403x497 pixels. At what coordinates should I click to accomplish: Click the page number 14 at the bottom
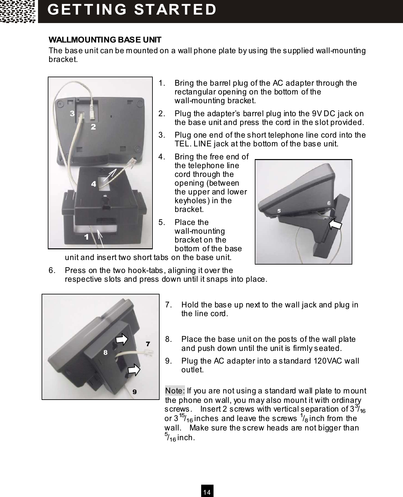207,492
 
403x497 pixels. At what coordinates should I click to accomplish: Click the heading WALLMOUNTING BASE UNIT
105,40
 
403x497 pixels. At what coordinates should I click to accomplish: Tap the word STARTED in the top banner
175,10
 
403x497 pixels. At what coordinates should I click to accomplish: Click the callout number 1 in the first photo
86,237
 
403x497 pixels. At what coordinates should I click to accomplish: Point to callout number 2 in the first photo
93,127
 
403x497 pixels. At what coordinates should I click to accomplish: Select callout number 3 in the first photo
72,113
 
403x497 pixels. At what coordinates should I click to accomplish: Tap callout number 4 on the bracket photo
94,184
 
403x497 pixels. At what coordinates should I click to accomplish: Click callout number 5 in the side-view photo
279,211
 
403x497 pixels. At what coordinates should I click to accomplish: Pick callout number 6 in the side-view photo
329,203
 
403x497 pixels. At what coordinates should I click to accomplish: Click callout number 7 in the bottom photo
148,343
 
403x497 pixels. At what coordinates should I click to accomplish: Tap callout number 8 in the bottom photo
106,352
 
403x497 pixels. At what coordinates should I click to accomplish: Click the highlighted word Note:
175,390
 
